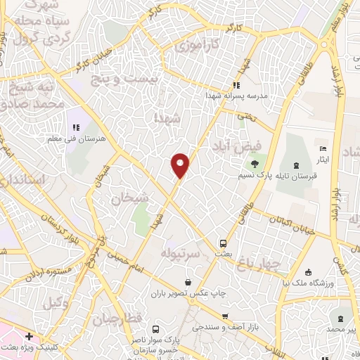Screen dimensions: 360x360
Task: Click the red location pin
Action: pos(181,165)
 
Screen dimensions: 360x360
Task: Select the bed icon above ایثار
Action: pos(322,149)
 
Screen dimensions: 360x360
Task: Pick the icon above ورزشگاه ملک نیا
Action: pos(308,272)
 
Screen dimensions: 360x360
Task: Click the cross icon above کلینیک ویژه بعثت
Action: pos(28,337)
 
